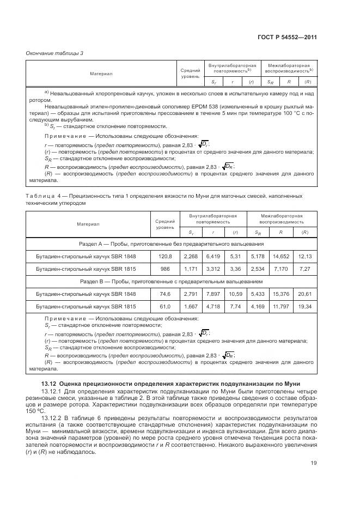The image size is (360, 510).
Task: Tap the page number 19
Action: pyautogui.click(x=314, y=464)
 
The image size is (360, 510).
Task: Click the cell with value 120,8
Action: pyautogui.click(x=164, y=256)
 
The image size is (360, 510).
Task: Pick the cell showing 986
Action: pyautogui.click(x=164, y=269)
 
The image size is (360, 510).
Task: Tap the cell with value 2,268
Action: pyautogui.click(x=191, y=256)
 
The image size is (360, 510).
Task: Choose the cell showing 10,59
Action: pyautogui.click(x=235, y=294)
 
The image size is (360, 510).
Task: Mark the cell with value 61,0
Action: pyautogui.click(x=164, y=307)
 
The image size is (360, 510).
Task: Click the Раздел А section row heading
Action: pyautogui.click(x=172, y=244)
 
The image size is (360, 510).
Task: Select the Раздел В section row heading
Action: pyautogui.click(x=172, y=282)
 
